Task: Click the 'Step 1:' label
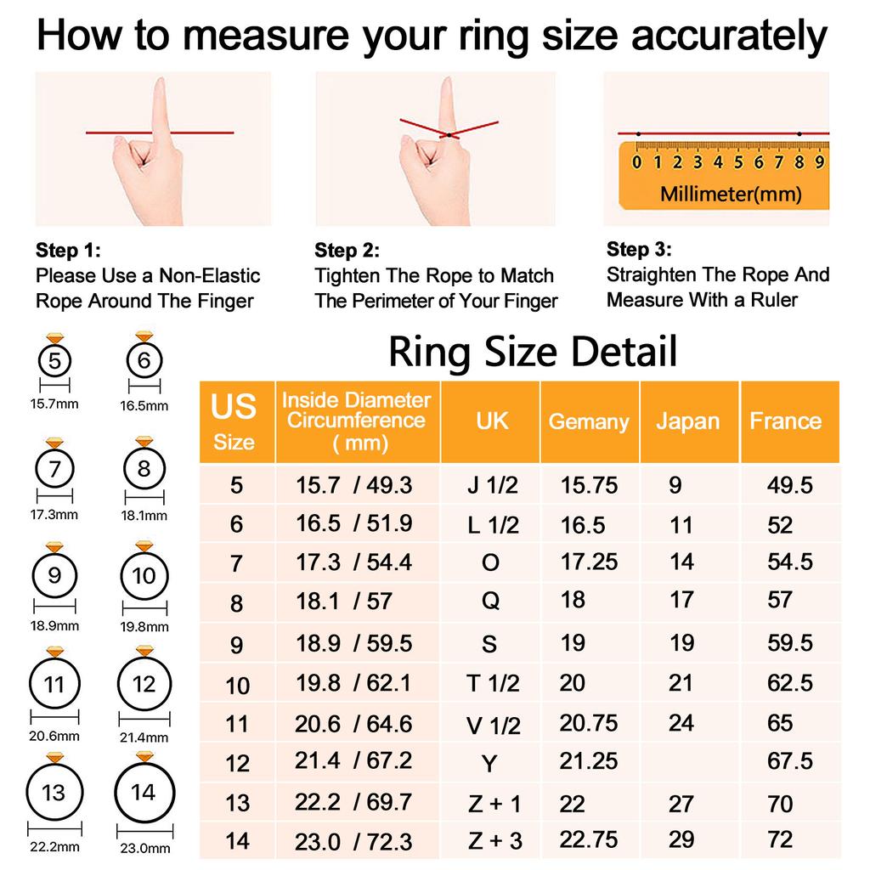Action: click(68, 251)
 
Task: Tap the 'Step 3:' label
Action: click(639, 249)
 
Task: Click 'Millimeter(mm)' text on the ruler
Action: click(731, 194)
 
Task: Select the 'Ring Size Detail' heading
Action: click(533, 352)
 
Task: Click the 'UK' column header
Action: click(492, 421)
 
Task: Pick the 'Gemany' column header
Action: click(589, 421)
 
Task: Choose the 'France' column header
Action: click(785, 421)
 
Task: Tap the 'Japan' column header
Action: click(687, 421)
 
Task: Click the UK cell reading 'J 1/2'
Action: click(493, 486)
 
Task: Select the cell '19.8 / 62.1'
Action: click(353, 683)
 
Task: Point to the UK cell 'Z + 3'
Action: click(495, 840)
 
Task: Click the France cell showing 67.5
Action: click(790, 761)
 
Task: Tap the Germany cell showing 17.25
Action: click(589, 562)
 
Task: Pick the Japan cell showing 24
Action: click(681, 723)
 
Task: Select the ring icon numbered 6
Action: click(144, 361)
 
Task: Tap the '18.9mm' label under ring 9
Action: click(54, 625)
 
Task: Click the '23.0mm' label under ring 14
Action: click(144, 847)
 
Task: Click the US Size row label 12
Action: click(238, 763)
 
